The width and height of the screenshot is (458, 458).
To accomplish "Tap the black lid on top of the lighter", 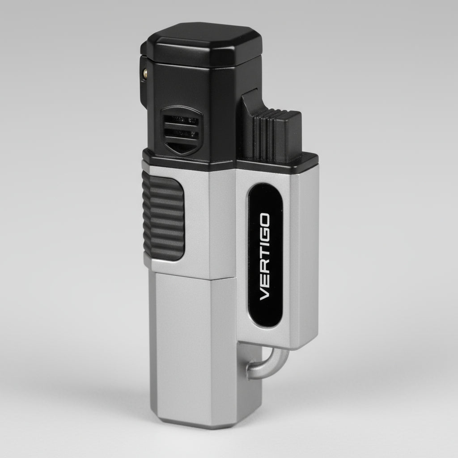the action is pyautogui.click(x=204, y=44).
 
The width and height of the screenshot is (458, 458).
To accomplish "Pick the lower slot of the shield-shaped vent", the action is pyautogui.click(x=181, y=134).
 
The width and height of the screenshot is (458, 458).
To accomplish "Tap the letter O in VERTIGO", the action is pyautogui.click(x=264, y=219).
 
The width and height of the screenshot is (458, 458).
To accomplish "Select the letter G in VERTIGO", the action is pyautogui.click(x=264, y=234).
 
